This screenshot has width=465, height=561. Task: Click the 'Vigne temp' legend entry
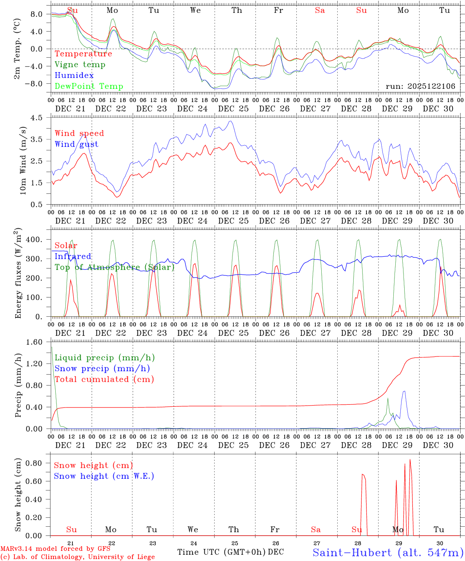click(x=80, y=65)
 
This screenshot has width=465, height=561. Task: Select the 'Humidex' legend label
click(x=74, y=76)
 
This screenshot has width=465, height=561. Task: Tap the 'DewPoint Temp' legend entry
click(x=89, y=86)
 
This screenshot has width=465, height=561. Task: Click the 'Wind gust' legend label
click(x=76, y=144)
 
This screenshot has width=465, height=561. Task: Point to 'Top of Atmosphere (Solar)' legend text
click(x=114, y=267)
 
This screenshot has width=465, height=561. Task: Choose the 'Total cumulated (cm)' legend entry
click(x=104, y=379)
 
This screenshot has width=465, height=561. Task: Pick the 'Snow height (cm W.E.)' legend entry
click(x=104, y=476)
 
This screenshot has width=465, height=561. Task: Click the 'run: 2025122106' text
click(x=420, y=86)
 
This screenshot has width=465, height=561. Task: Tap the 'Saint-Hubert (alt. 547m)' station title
click(x=388, y=552)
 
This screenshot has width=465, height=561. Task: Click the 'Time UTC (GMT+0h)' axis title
click(x=221, y=552)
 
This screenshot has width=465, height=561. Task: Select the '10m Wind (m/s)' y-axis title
click(x=23, y=160)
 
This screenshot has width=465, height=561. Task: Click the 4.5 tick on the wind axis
click(x=37, y=118)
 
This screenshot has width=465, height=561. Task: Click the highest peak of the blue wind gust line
click(x=231, y=121)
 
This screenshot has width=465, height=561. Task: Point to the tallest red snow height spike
click(x=410, y=460)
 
